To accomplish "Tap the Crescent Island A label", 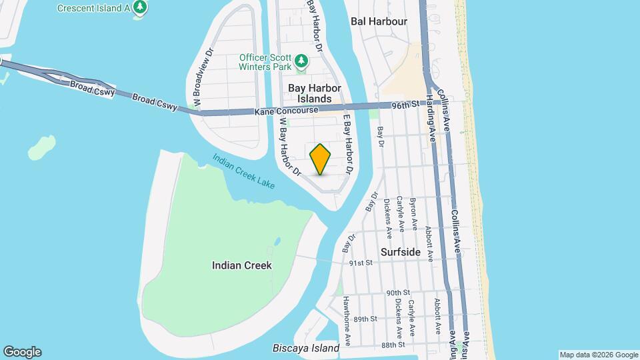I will coord(93,8).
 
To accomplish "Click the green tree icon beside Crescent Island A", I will coord(140,7).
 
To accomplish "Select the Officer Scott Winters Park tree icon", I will coord(302,61).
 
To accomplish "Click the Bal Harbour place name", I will coord(379,21).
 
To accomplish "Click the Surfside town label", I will coord(400,252).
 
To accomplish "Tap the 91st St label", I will coord(360,263).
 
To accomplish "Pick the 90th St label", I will coord(397,293).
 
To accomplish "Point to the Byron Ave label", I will coord(413,211).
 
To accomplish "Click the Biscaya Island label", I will coord(306,348).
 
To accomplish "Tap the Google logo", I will coord(22,352).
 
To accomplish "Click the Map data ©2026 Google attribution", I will coord(599,355).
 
